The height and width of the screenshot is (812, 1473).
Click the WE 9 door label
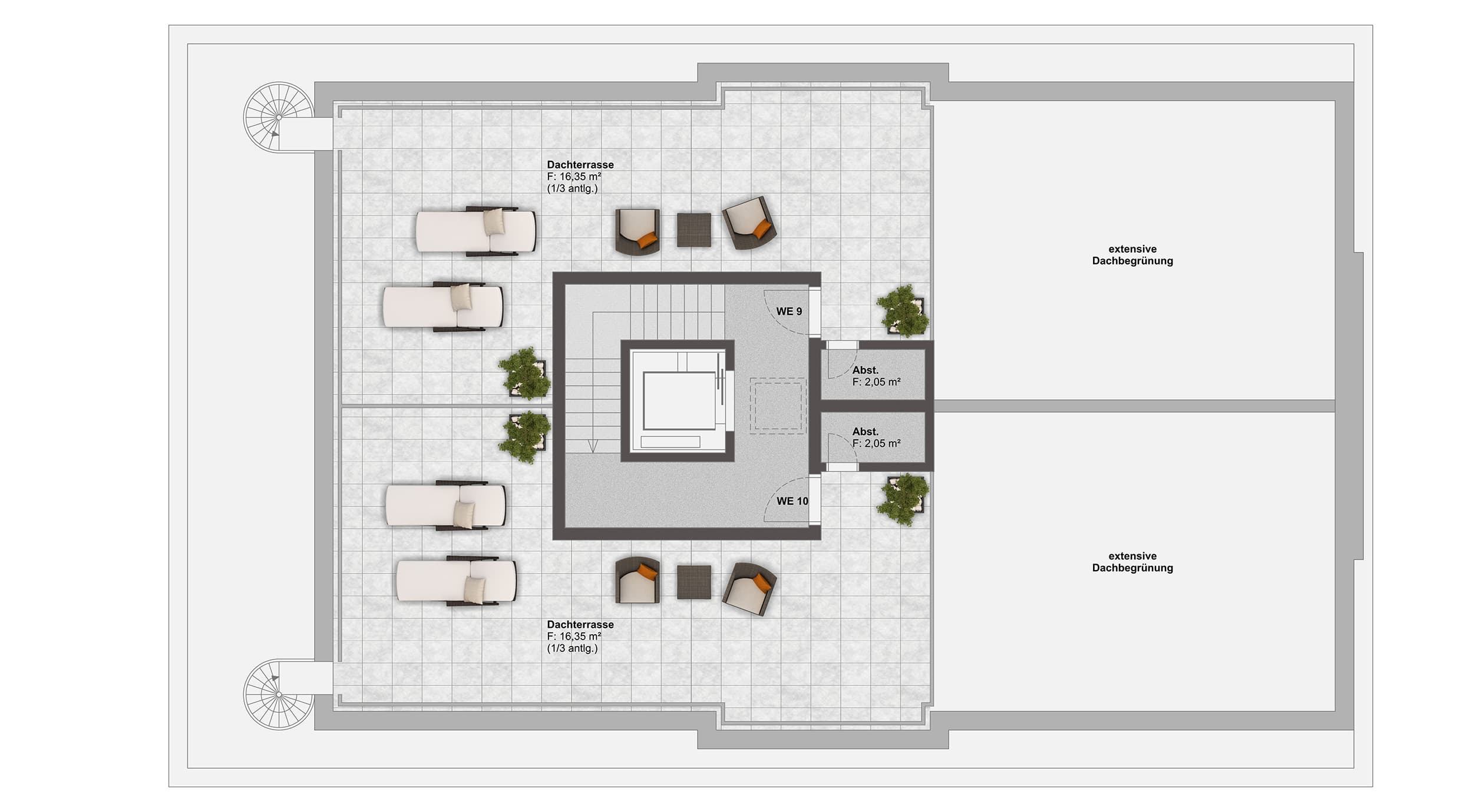pyautogui.click(x=789, y=311)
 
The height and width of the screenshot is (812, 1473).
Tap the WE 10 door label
pyautogui.click(x=792, y=501)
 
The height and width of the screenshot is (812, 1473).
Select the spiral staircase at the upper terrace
pyautogui.click(x=279, y=117)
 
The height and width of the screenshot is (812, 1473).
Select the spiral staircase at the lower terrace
pyautogui.click(x=279, y=695)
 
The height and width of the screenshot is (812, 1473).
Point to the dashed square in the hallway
pyautogui.click(x=778, y=406)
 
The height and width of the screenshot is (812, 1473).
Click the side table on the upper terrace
pyautogui.click(x=694, y=230)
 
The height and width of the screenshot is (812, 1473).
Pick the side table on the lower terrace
pyautogui.click(x=694, y=582)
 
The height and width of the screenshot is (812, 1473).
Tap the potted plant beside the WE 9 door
pyautogui.click(x=903, y=311)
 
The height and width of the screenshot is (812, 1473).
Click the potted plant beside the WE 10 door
pyautogui.click(x=903, y=500)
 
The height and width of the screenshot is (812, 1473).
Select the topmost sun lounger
pyautogui.click(x=476, y=231)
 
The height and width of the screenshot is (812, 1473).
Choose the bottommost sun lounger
pyautogui.click(x=457, y=581)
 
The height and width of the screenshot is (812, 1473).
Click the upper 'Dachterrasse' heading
pyautogui.click(x=580, y=165)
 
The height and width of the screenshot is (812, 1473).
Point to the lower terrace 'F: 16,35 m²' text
pyautogui.click(x=574, y=637)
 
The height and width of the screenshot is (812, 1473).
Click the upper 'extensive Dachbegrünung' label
pyautogui.click(x=1132, y=255)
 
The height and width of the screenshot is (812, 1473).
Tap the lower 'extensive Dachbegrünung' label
pyautogui.click(x=1132, y=562)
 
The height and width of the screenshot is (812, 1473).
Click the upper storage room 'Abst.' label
pyautogui.click(x=866, y=370)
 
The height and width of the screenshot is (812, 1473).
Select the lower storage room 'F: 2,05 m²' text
pyautogui.click(x=877, y=443)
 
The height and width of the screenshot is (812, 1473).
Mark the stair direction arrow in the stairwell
pyautogui.click(x=593, y=446)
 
